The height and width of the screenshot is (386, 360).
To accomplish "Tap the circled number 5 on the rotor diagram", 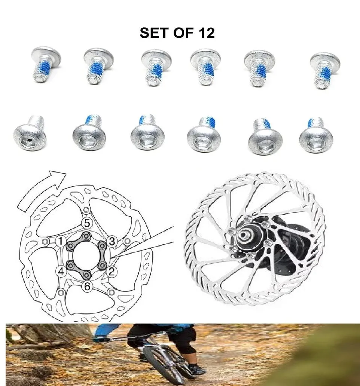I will (x=87, y=224).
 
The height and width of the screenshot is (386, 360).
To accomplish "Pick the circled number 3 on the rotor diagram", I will (x=112, y=241).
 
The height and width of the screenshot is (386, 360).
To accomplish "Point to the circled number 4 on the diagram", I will (x=61, y=271).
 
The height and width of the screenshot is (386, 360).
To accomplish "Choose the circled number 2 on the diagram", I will (x=111, y=272).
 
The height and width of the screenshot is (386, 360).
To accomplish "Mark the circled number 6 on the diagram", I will (x=87, y=287).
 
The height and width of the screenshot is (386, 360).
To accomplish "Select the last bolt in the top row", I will (x=325, y=70).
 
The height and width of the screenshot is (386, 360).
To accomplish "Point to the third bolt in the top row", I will (x=156, y=67).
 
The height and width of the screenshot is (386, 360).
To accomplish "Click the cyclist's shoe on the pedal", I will (x=196, y=370).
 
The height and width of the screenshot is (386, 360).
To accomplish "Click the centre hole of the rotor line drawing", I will (x=86, y=257).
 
